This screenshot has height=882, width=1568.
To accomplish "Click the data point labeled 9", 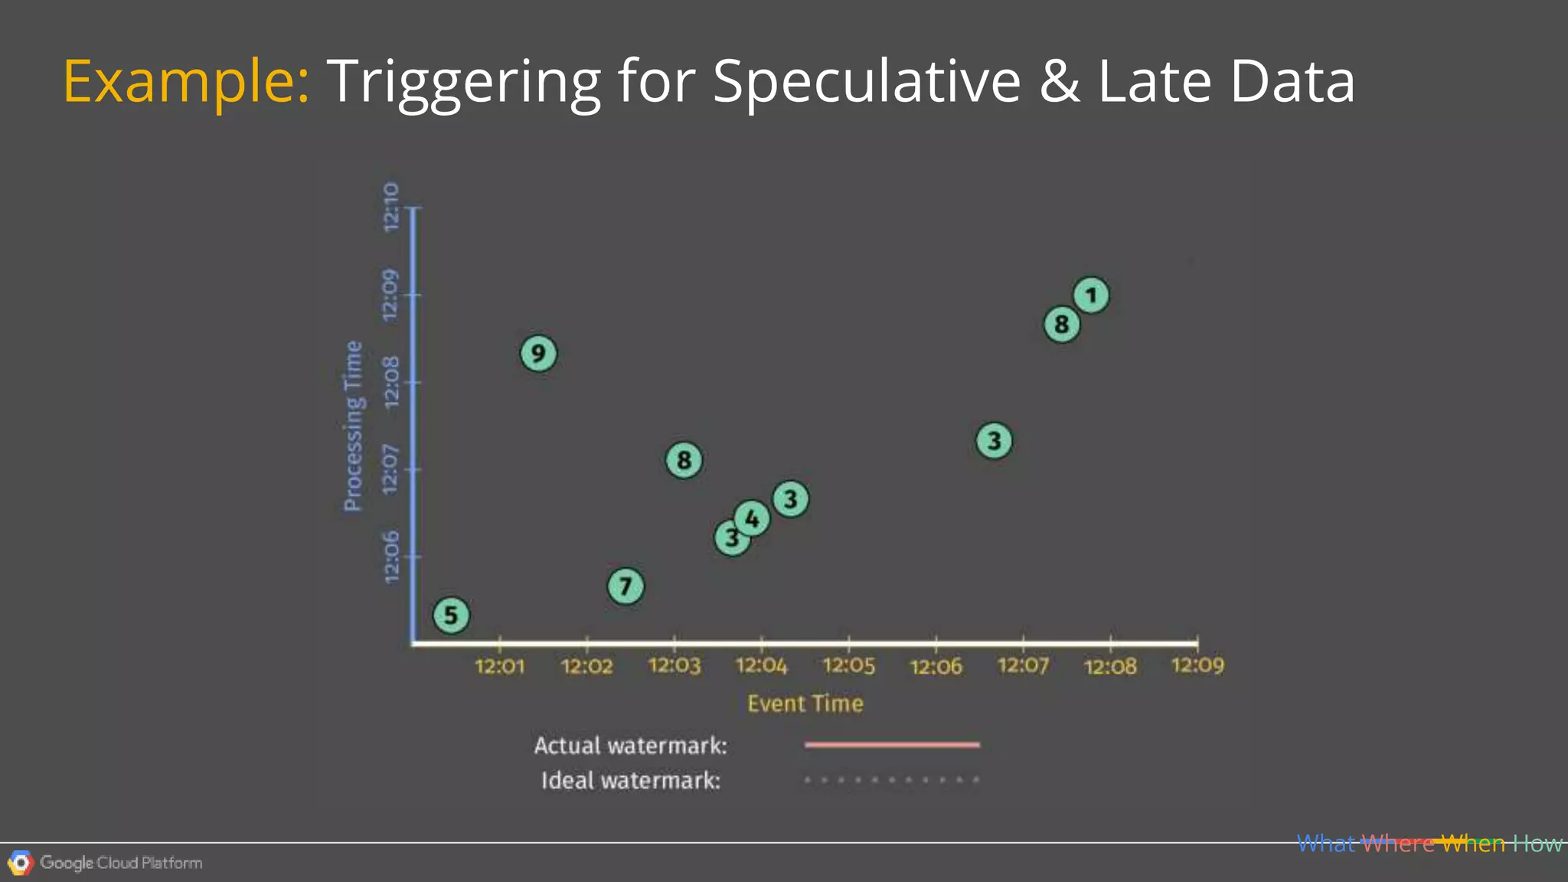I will point(538,354).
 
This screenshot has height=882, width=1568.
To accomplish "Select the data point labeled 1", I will point(1091,295).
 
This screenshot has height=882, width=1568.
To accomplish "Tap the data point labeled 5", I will point(451,615).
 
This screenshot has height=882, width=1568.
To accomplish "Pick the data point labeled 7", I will point(626,586).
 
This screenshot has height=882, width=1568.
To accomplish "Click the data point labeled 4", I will point(752,518).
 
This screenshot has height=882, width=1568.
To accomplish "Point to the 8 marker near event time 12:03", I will point(684,460).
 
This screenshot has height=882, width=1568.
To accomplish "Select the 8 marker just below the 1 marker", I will point(1061,325).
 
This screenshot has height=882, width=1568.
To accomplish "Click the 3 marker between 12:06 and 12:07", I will point(994,441).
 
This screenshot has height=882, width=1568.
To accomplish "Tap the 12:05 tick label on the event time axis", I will point(848,666).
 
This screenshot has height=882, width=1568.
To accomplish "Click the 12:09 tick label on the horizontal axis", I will point(1197,665).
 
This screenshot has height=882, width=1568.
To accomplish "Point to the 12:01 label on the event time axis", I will point(500,666).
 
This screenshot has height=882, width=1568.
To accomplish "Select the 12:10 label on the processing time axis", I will point(391,207).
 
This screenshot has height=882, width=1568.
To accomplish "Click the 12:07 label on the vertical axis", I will point(391,469).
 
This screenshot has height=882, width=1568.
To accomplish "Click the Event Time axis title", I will point(805,704).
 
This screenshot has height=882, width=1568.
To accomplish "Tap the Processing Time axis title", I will point(353,426).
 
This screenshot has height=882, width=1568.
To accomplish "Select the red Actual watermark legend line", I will point(892,744).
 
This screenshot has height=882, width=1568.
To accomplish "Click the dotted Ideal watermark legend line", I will point(892,780).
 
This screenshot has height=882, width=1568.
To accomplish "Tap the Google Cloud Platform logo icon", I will point(21,863).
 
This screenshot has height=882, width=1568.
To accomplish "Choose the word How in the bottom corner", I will point(1537,844).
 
